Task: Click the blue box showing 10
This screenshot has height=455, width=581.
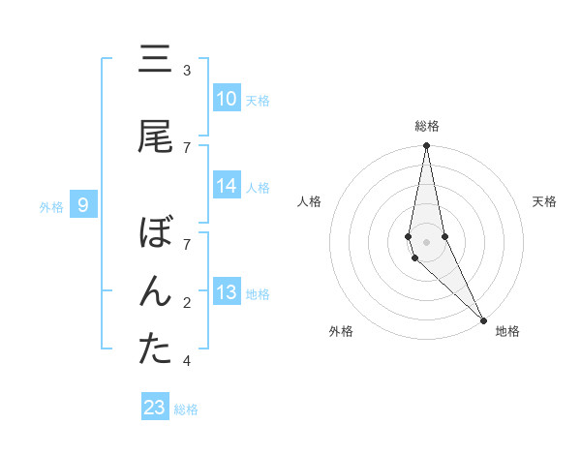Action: [x=227, y=99]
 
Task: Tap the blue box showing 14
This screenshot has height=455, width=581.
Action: [x=227, y=186]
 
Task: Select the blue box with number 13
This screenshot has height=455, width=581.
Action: [x=227, y=293]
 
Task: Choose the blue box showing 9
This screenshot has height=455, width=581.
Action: [x=84, y=205]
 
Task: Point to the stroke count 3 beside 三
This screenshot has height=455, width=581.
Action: [x=187, y=71]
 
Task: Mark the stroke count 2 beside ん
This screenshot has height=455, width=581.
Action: [x=187, y=303]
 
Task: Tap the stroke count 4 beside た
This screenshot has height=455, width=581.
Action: [x=187, y=361]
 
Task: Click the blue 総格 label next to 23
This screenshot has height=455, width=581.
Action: [x=187, y=409]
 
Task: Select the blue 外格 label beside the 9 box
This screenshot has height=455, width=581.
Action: [x=51, y=206]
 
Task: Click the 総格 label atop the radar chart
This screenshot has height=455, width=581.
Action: [x=427, y=126]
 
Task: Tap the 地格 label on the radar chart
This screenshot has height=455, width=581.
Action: [x=507, y=331]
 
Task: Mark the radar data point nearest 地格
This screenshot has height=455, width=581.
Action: [x=483, y=318]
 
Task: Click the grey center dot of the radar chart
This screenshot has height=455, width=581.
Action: [x=427, y=241]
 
